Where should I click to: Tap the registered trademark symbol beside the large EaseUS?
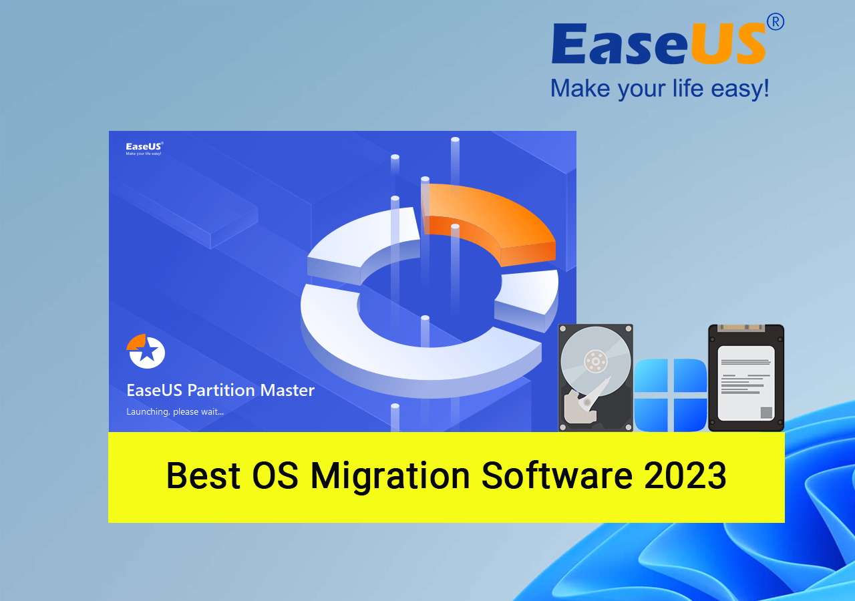tap(776, 22)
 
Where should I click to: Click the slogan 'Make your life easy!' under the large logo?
tap(659, 89)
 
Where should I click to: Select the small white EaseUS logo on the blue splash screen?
tap(144, 148)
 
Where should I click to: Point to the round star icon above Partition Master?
tap(146, 351)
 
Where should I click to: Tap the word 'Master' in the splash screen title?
tap(287, 390)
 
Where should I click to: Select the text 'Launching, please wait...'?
tap(175, 412)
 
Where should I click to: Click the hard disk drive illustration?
tap(595, 378)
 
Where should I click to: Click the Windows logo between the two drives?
tap(671, 395)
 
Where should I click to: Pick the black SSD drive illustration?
tap(746, 378)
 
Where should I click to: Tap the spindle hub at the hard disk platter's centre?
tap(595, 361)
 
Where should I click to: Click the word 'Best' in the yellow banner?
tap(204, 475)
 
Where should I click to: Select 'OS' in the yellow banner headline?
tap(275, 475)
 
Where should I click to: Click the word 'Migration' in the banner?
tap(390, 477)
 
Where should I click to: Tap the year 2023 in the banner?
tap(685, 475)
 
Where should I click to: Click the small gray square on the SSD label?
tap(766, 413)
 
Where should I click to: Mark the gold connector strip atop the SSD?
tap(741, 327)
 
